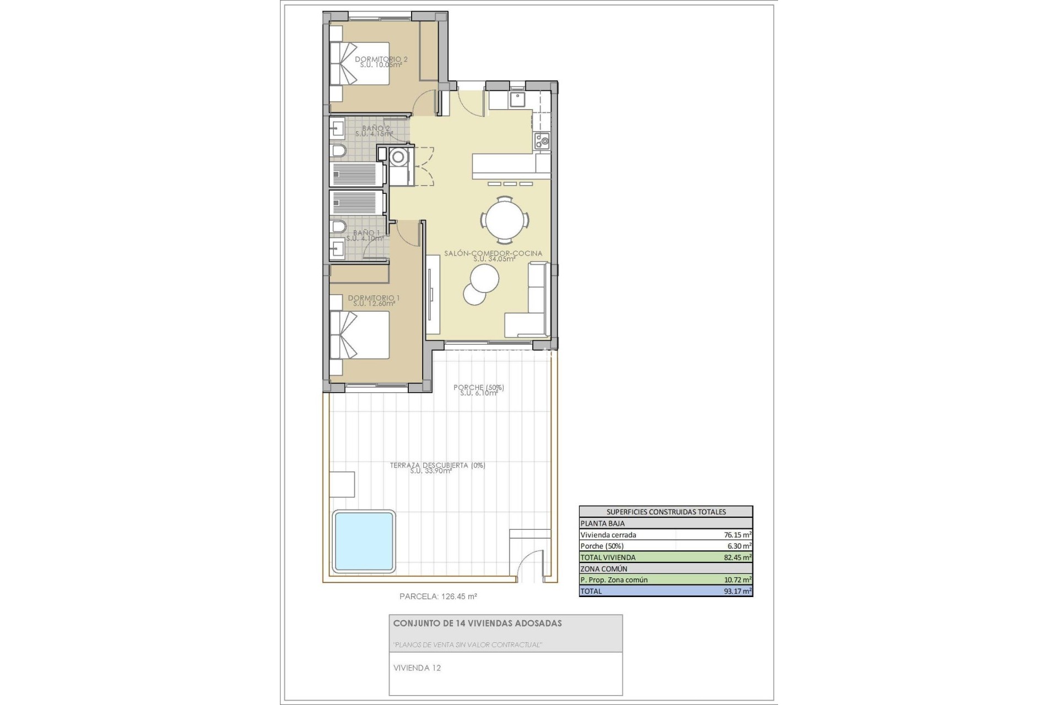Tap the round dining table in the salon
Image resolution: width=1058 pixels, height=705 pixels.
coord(505,220)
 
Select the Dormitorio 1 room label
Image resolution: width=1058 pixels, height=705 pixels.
coord(374,301)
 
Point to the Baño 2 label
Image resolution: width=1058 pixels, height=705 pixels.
coord(373,131)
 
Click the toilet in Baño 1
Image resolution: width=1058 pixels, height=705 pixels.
coord(338,227)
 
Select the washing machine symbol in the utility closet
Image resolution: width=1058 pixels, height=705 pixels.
coord(397,158)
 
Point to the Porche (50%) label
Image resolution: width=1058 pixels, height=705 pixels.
coord(478,390)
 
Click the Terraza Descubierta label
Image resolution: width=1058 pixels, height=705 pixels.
coord(437,468)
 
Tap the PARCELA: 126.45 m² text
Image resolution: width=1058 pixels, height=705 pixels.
coord(438,596)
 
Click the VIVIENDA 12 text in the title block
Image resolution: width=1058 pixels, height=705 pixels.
coord(417,668)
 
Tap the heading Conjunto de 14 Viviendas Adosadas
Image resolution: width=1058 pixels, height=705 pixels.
coord(477,623)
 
